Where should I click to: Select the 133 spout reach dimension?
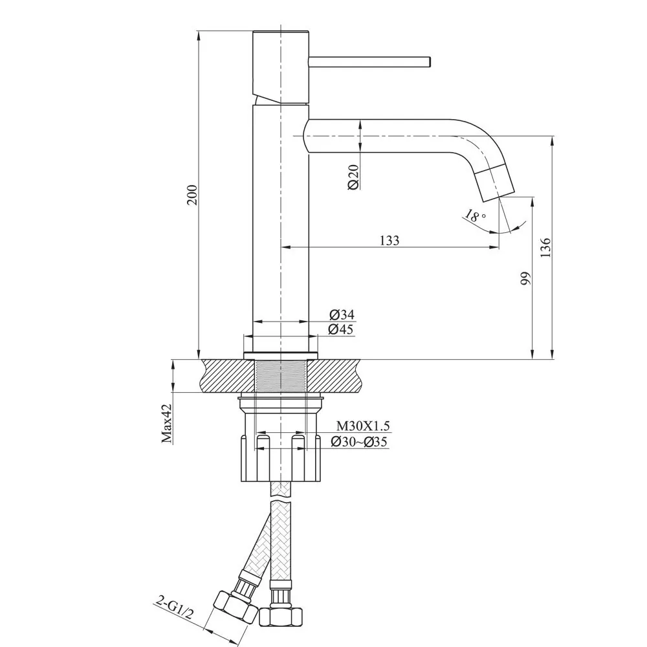click(x=389, y=240)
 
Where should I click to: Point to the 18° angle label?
click(x=475, y=216)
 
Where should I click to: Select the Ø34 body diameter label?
click(x=342, y=315)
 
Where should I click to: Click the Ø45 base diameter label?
click(x=342, y=329)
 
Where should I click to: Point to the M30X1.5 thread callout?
click(x=363, y=426)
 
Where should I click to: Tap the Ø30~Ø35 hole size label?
click(x=358, y=442)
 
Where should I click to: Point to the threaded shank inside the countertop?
click(x=281, y=376)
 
